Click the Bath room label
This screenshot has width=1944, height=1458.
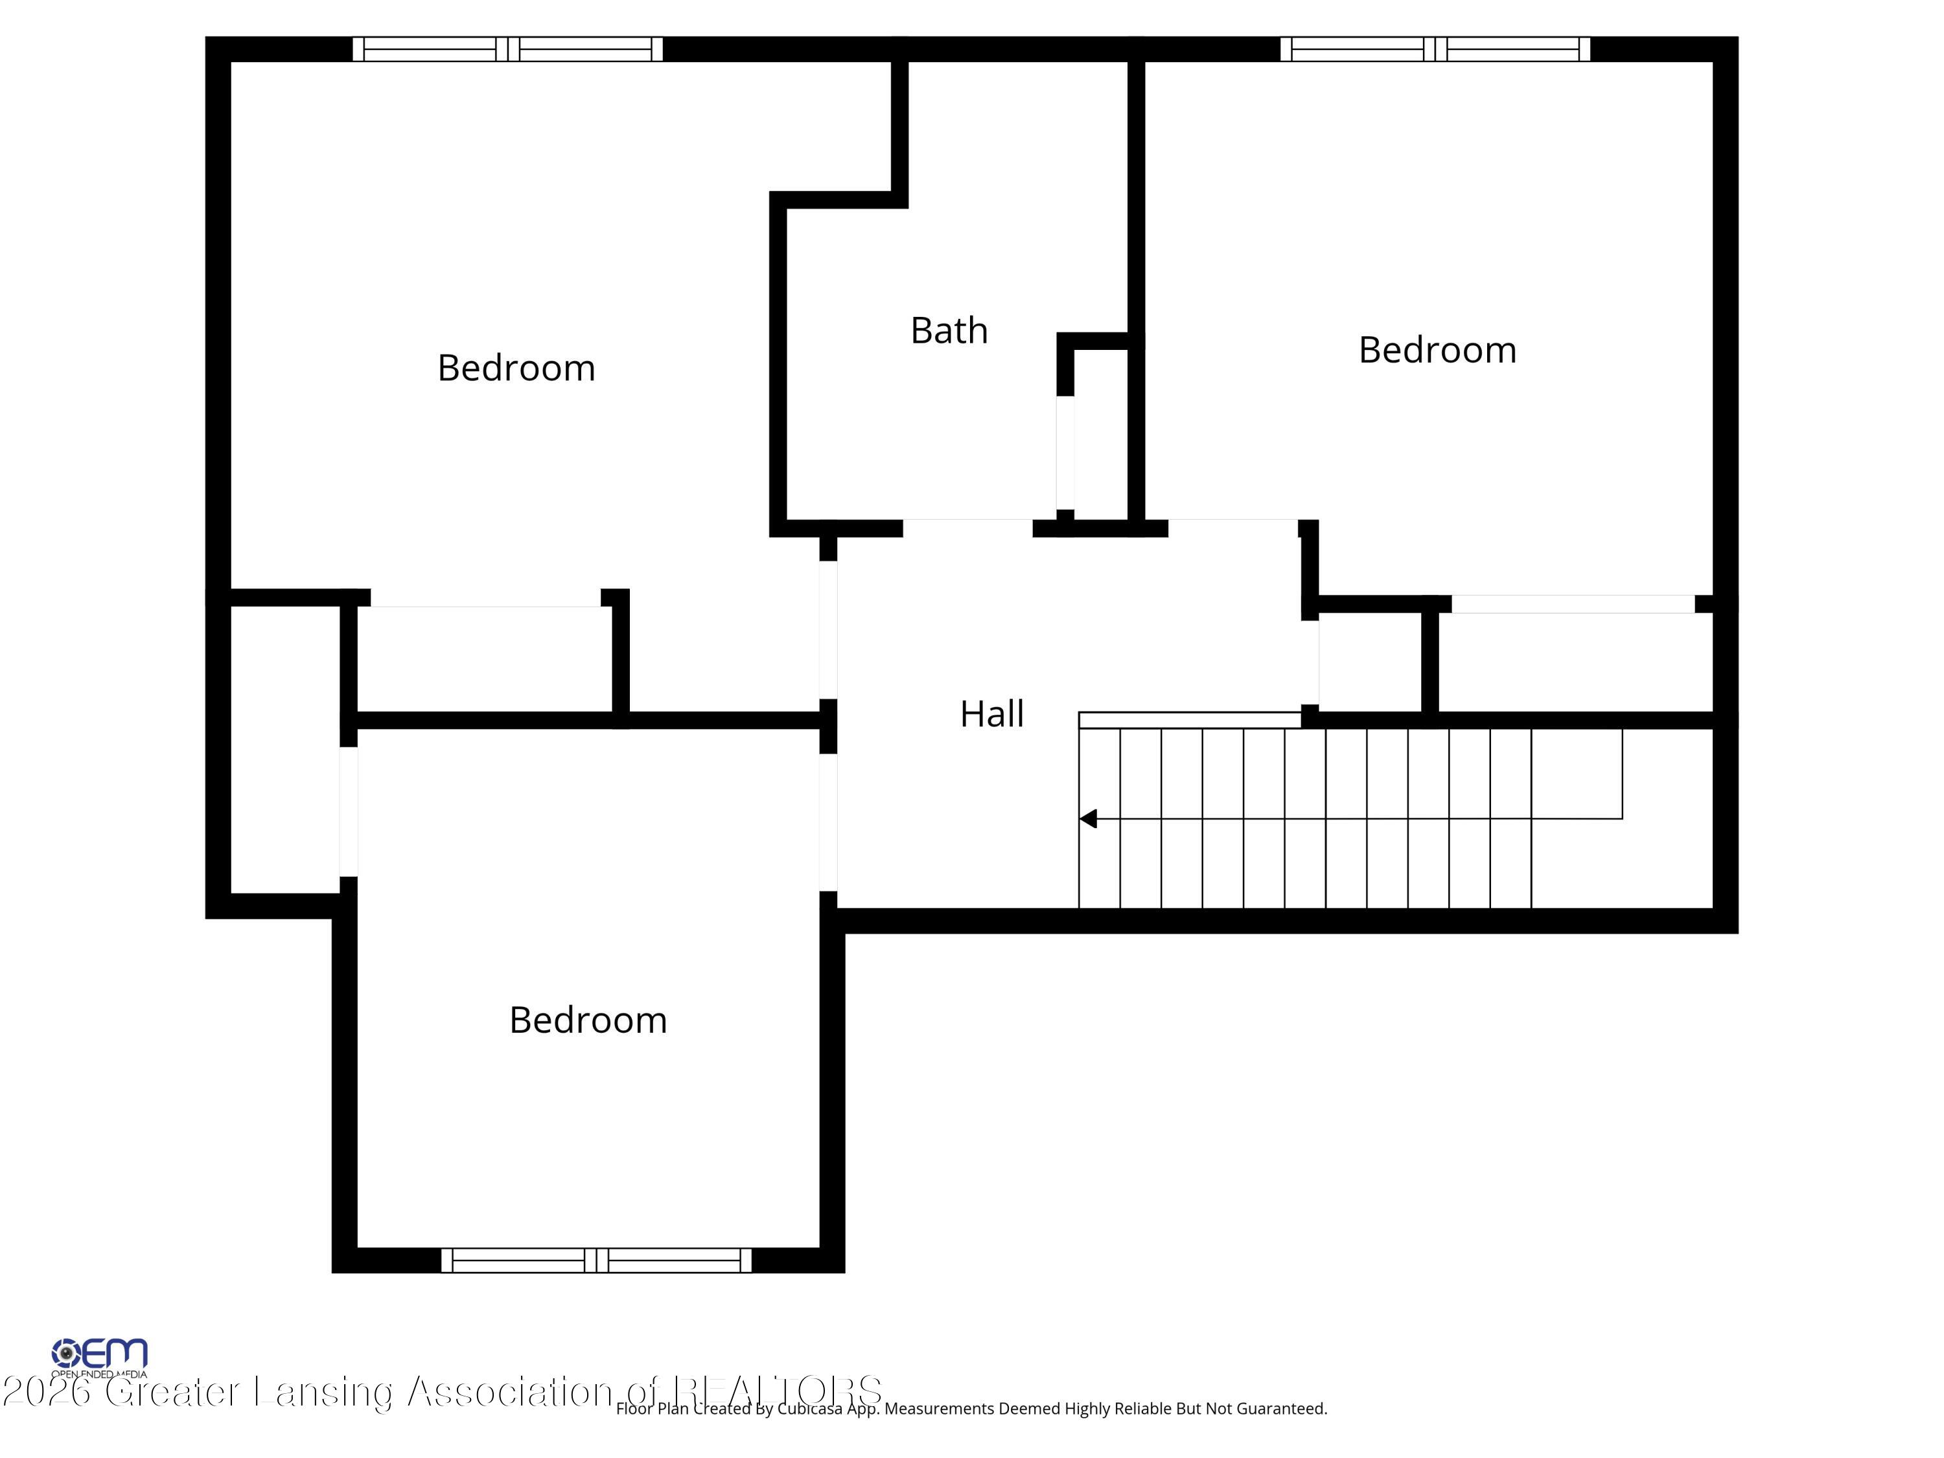coord(949,331)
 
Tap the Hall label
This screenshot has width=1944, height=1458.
coord(991,713)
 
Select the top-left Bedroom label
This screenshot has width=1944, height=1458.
coord(516,368)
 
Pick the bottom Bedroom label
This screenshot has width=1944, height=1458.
coord(588,1021)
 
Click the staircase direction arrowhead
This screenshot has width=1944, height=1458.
coord(1088,819)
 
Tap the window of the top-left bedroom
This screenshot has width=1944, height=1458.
coord(507,49)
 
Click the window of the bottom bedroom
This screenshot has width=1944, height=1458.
coord(596,1260)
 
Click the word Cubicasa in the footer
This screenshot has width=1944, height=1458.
coord(809,1409)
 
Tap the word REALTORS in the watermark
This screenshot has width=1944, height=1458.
coord(777,1391)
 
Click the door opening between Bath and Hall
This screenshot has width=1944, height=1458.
coord(967,527)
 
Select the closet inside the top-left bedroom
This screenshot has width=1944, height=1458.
coord(483,659)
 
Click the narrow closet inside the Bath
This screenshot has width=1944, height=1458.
coord(1100,435)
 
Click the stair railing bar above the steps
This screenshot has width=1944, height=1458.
coord(1189,720)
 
